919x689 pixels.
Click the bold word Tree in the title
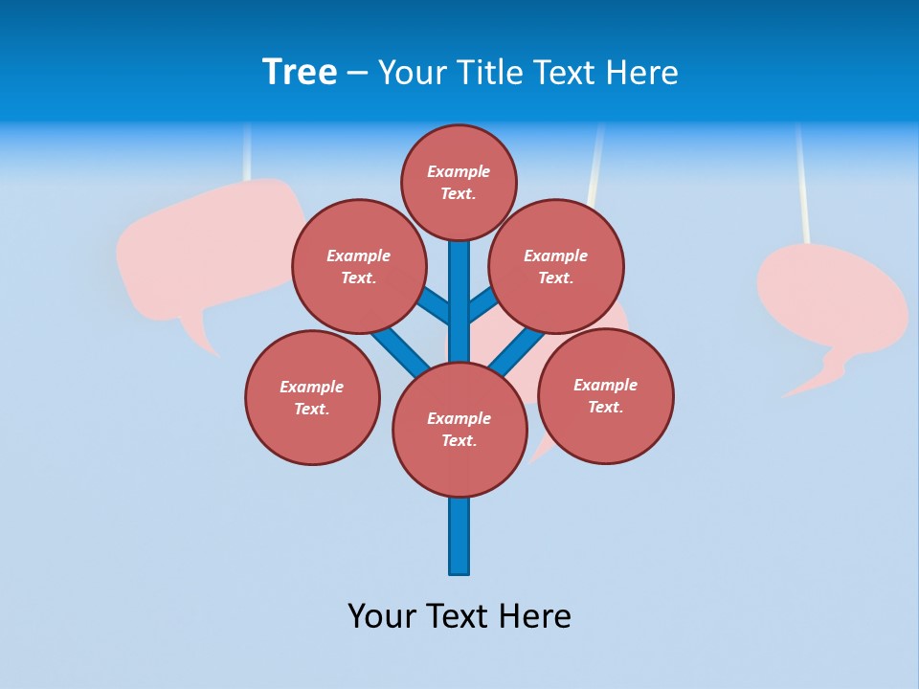click(x=300, y=73)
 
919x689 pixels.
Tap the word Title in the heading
click(x=489, y=73)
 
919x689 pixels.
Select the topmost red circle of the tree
click(x=459, y=183)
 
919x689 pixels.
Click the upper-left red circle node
click(x=358, y=267)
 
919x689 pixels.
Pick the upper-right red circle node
click(x=556, y=267)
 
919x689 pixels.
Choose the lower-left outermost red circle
click(x=312, y=398)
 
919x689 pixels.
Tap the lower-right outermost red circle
click(x=606, y=396)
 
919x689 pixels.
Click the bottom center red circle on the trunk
click(x=459, y=430)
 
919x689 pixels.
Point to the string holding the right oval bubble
click(x=802, y=182)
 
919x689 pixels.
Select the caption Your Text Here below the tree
click(x=459, y=616)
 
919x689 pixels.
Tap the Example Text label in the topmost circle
click(x=459, y=183)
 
